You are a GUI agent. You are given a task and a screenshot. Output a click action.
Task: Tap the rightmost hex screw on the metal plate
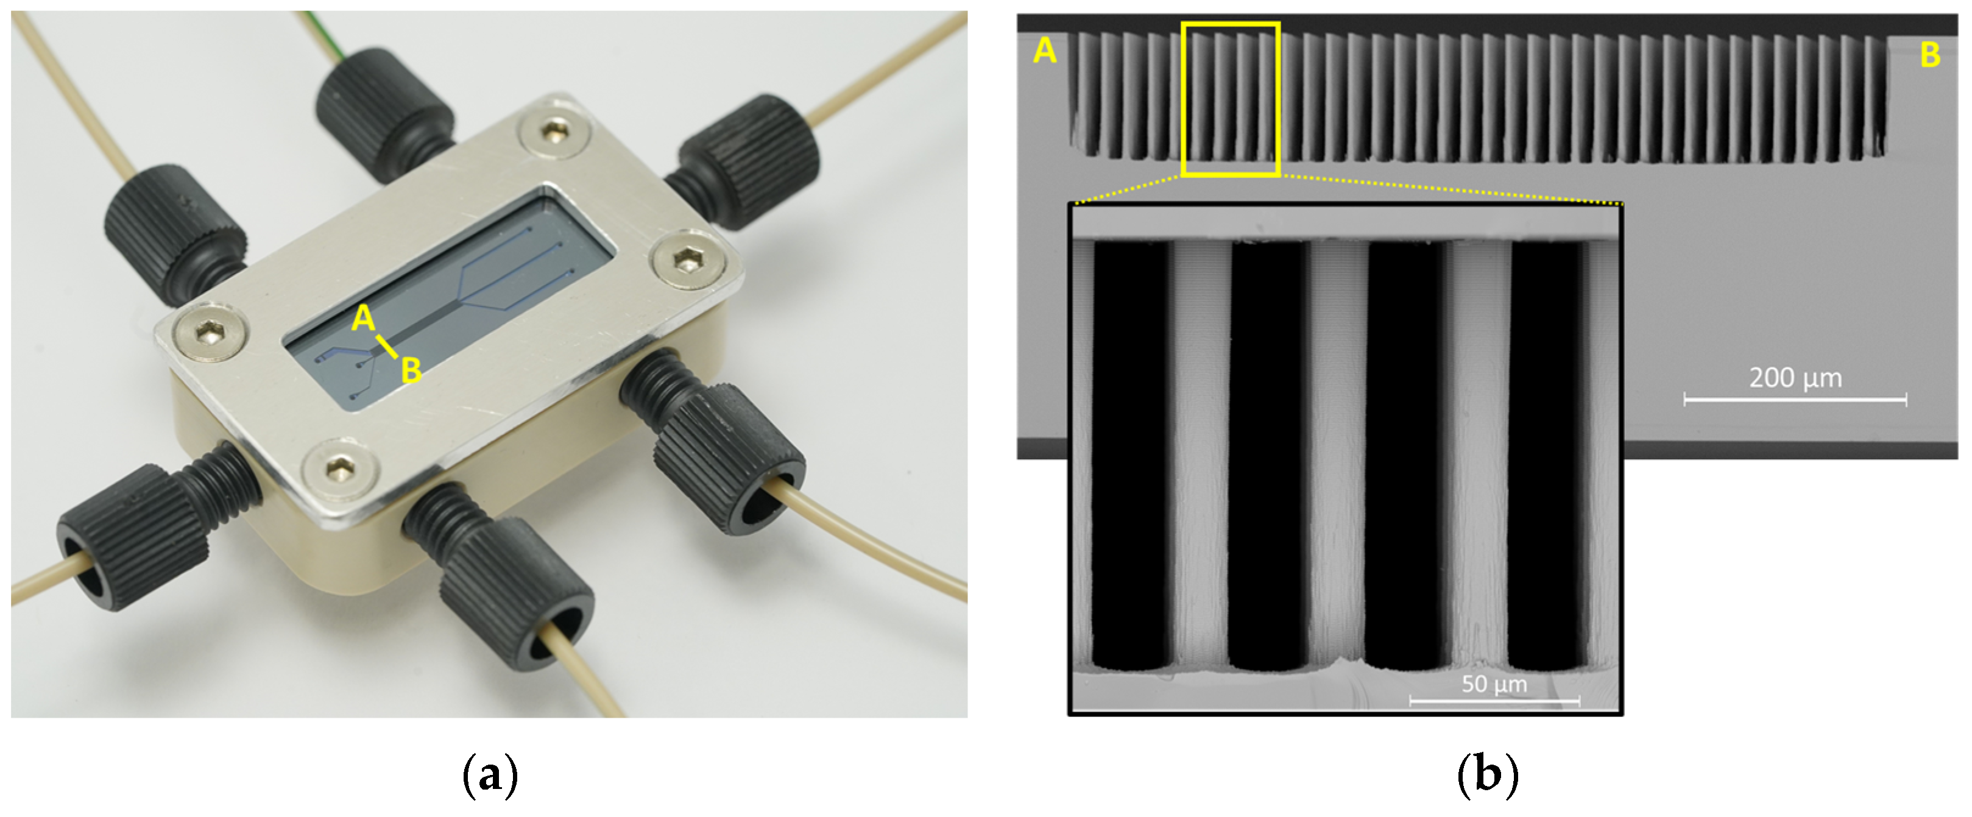[x=686, y=262]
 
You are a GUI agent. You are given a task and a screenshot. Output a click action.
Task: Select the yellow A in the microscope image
[x=1044, y=51]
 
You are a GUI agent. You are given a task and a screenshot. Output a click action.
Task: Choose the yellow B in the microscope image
[x=1930, y=54]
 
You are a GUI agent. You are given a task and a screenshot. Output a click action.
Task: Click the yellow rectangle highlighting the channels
[x=1184, y=99]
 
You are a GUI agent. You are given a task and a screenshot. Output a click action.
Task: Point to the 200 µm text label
[x=1795, y=378]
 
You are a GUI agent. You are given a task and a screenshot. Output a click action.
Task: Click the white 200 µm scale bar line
[x=1795, y=399]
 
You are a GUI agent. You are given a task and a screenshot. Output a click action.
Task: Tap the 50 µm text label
[x=1494, y=684]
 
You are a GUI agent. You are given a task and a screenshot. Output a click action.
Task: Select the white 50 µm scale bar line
[x=1494, y=700]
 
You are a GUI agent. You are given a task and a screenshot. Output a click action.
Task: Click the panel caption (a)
[x=490, y=775]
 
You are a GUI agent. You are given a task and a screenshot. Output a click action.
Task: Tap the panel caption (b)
[x=1488, y=775]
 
